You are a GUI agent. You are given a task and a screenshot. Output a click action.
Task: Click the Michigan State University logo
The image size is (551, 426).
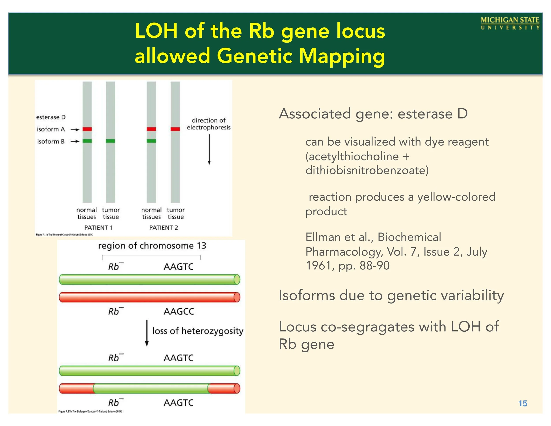510,23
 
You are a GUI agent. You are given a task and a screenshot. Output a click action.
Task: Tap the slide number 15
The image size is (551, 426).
523,403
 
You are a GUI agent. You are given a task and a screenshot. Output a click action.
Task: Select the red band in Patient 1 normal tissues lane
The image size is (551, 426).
87,129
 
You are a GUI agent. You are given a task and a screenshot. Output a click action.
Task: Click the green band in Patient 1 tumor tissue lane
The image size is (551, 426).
110,141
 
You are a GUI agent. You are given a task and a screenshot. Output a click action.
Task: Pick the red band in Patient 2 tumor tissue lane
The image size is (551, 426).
175,129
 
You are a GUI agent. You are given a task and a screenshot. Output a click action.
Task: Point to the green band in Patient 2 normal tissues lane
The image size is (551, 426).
151,141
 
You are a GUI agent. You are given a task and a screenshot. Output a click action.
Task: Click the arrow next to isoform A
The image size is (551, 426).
75,130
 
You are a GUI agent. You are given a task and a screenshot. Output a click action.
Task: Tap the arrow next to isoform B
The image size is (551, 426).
75,142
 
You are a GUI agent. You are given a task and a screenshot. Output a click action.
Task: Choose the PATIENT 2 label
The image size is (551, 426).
164,228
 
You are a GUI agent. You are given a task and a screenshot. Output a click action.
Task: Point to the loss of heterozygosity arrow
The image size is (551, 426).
147,333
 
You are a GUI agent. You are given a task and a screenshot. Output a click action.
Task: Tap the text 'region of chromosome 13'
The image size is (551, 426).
152,246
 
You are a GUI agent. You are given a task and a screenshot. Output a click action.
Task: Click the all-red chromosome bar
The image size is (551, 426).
149,297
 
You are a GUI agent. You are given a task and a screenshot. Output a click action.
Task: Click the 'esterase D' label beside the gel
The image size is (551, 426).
51,117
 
